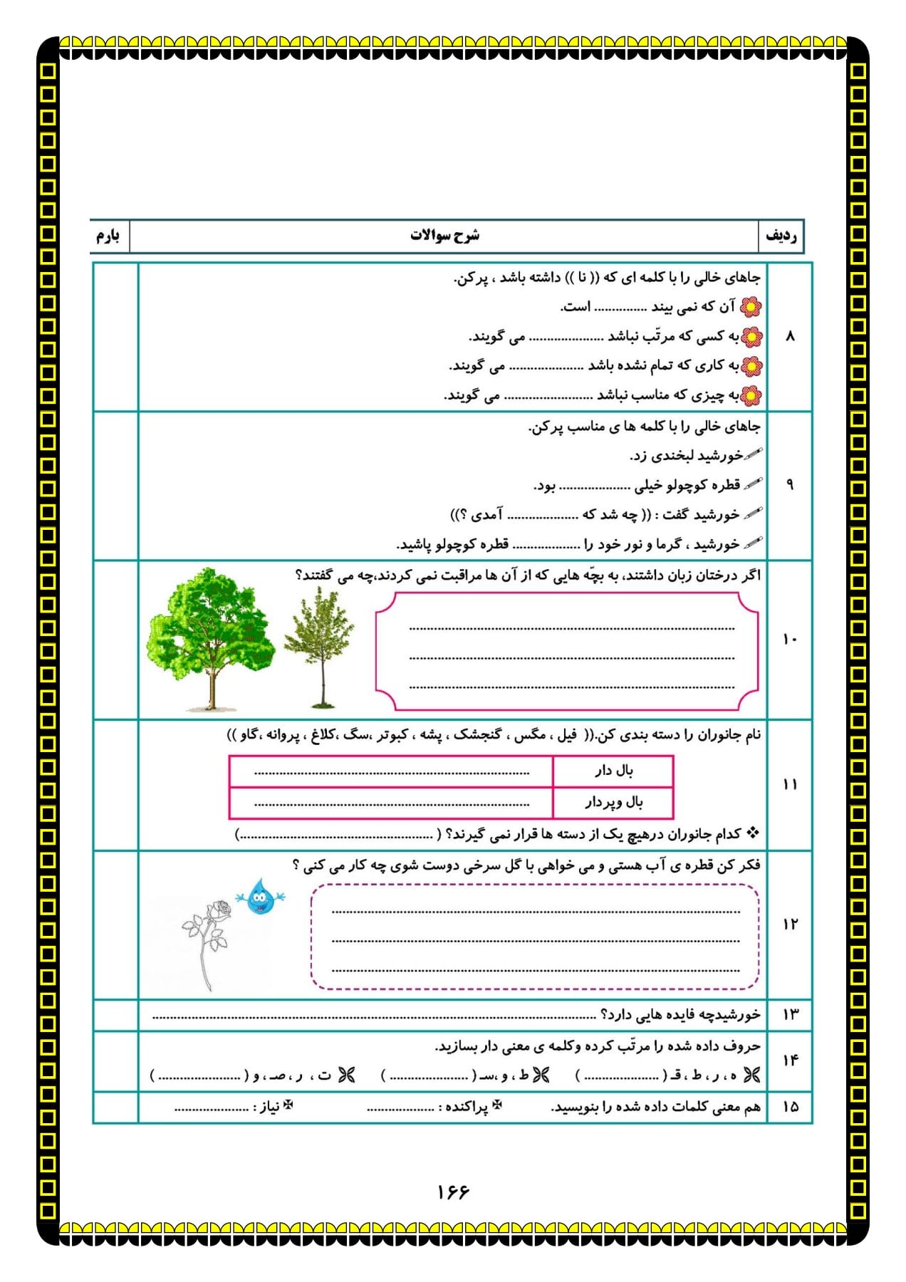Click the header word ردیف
781,236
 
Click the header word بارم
108,236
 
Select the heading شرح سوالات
444,236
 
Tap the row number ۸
789,336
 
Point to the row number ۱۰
789,640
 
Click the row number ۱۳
791,1014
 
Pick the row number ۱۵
791,1107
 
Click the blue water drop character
260,898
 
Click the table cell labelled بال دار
613,771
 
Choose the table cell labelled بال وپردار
613,803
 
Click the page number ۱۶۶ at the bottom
453,1192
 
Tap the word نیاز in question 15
269,1108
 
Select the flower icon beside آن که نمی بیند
751,307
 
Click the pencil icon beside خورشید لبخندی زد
753,454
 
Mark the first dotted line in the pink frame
571,628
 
